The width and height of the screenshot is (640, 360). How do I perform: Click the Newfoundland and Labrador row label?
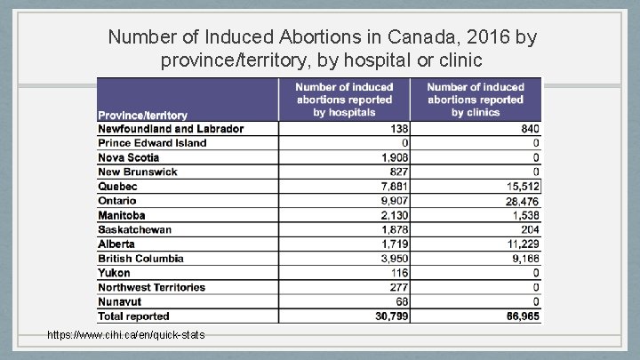(x=171, y=129)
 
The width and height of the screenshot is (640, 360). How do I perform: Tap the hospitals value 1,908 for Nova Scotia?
(x=391, y=157)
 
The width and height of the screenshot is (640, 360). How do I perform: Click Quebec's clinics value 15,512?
(x=521, y=187)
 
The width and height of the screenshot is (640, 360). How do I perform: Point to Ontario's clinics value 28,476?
(x=521, y=201)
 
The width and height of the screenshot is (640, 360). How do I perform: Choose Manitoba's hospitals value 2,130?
(x=391, y=215)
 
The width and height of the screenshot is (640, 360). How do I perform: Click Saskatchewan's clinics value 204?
(x=529, y=229)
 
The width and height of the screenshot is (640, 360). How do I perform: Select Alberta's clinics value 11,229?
(x=521, y=244)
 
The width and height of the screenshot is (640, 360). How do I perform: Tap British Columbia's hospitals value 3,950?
(x=391, y=259)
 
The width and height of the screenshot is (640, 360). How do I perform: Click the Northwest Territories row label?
(x=151, y=287)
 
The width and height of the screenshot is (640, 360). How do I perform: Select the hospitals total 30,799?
(x=388, y=316)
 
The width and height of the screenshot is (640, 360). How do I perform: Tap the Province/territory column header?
(x=142, y=115)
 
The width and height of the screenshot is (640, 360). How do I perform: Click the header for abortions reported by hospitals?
(x=344, y=100)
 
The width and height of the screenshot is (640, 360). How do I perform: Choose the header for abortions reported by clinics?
(x=476, y=100)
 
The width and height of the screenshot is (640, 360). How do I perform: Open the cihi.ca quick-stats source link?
(x=127, y=334)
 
